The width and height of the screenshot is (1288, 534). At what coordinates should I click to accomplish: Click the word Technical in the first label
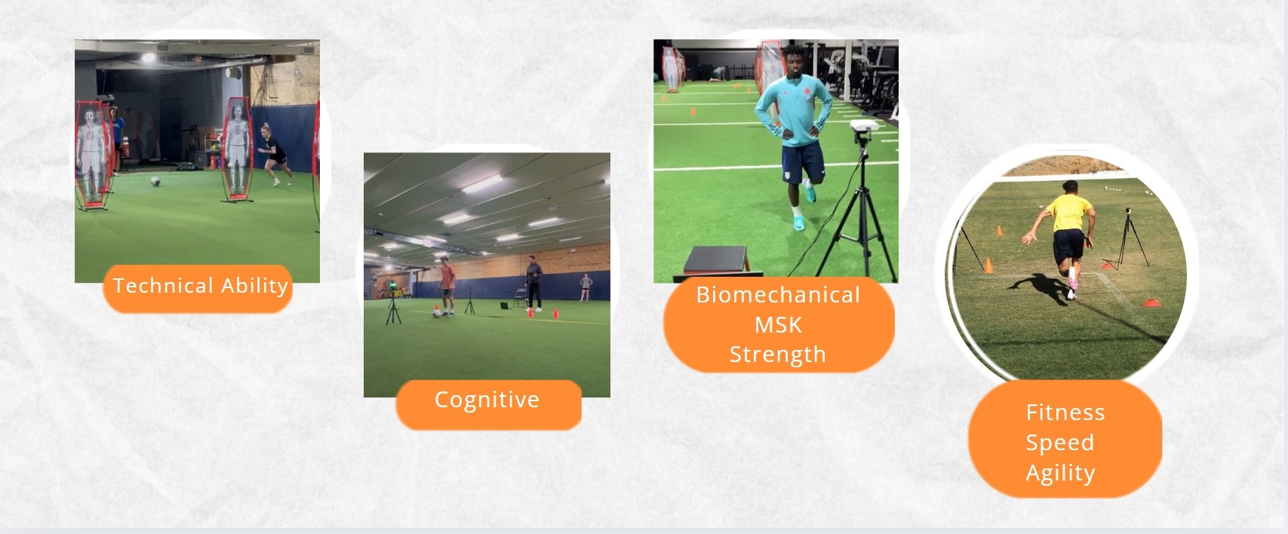click(x=163, y=286)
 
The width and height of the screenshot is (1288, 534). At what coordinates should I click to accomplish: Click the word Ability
click(x=255, y=286)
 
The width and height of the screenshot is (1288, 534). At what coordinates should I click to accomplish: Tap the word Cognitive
click(x=487, y=400)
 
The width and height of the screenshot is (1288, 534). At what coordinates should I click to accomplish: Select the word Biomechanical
click(x=778, y=295)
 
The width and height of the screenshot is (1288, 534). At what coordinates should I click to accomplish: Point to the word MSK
click(x=778, y=325)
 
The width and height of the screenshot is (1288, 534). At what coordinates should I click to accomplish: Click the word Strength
click(x=778, y=354)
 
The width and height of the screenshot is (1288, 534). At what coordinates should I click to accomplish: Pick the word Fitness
click(x=1065, y=412)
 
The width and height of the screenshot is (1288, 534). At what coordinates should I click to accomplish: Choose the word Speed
click(x=1052, y=443)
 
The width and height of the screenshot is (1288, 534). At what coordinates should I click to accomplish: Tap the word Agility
click(x=1060, y=473)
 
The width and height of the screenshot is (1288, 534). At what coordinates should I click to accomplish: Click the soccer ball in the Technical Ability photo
click(x=156, y=182)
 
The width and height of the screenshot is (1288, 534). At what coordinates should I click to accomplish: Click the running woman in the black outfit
click(x=275, y=154)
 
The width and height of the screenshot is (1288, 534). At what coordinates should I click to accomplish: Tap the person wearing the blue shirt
click(x=117, y=139)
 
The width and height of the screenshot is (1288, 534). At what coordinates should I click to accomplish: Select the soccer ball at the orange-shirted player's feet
click(x=436, y=313)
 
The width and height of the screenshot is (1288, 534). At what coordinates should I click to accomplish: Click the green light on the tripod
click(x=392, y=285)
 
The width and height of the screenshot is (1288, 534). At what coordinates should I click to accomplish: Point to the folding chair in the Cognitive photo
click(x=520, y=298)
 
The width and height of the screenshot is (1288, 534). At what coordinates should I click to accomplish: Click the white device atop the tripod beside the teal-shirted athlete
click(x=864, y=126)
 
